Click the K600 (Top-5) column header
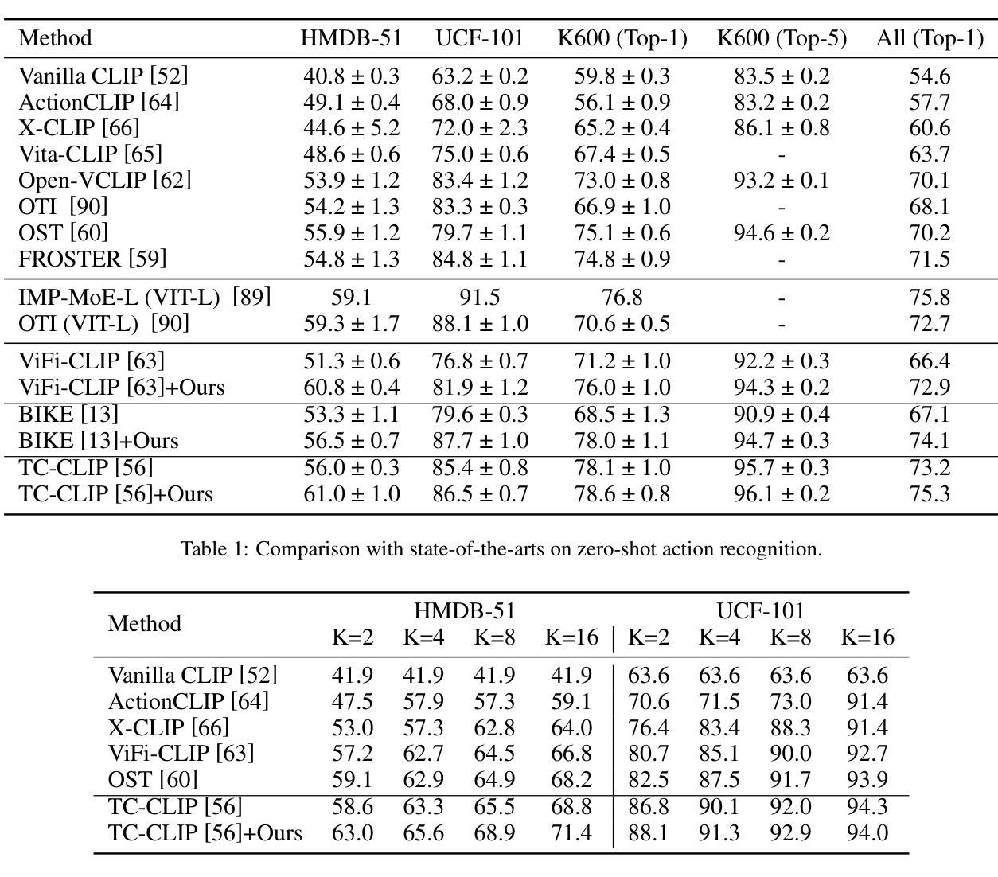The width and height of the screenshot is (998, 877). coord(782,38)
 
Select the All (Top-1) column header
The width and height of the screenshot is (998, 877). coord(930,38)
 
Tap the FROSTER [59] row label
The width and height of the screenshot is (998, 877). coord(92,259)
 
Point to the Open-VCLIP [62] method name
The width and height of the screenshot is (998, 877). coord(105,180)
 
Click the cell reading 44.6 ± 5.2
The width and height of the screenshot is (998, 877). coord(351,127)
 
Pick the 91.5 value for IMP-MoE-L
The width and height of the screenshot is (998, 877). coord(479,297)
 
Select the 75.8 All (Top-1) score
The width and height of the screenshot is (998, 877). coord(930,297)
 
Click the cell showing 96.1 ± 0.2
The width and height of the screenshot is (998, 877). coord(782,493)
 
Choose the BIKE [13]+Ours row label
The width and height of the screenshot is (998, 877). coord(99,440)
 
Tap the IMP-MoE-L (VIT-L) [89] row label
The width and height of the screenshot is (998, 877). coord(145,297)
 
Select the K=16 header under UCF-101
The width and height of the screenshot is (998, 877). coord(867,637)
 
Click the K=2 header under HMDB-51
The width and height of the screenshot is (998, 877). coord(353,637)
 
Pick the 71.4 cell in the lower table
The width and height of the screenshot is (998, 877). coord(571,832)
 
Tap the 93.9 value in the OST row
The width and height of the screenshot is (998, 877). coord(867,779)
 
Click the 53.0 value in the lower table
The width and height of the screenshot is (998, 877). coord(353,727)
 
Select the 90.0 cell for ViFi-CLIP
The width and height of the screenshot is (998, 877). coord(790,754)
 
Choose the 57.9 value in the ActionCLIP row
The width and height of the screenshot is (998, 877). coord(423,702)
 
